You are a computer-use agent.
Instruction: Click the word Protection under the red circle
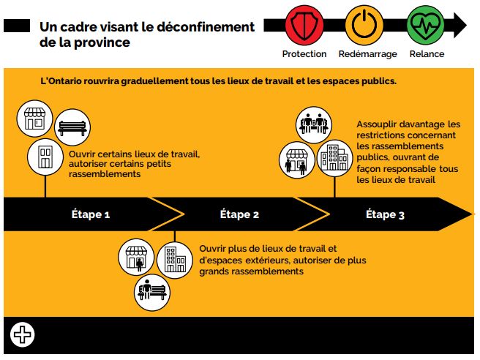[x=304, y=54]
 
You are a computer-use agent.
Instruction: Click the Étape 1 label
[x=91, y=214]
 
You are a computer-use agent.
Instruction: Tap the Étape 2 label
[x=240, y=214]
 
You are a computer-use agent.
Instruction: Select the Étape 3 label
[x=385, y=214]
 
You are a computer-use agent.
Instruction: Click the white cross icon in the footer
[x=23, y=334]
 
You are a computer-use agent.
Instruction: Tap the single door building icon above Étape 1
[x=45, y=156]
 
